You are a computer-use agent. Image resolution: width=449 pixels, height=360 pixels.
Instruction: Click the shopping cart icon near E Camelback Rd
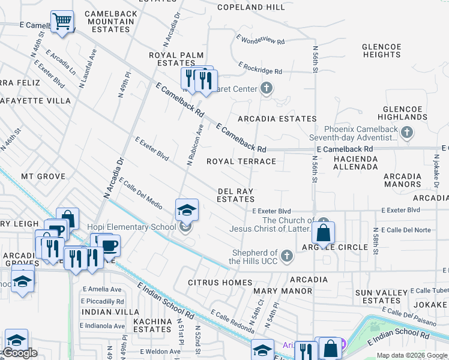pos(62,22)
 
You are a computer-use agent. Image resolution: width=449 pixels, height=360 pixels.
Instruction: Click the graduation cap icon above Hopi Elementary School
pos(187,209)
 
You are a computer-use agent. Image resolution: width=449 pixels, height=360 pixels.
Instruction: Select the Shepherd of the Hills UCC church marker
pos(286,256)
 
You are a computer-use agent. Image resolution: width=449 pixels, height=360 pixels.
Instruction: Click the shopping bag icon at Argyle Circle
pos(323,232)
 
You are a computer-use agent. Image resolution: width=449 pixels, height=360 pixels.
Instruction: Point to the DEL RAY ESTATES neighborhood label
pos(235,194)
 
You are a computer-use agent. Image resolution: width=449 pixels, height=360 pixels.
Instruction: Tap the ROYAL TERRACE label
pos(241,161)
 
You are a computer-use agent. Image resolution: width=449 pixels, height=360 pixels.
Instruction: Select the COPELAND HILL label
pos(251,8)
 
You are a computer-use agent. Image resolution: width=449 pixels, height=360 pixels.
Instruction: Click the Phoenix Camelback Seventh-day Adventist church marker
pos(407,133)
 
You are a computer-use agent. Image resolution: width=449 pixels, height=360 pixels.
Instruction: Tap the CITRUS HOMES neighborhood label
pos(220,282)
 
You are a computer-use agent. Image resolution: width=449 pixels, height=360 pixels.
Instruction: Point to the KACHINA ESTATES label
pos(152,325)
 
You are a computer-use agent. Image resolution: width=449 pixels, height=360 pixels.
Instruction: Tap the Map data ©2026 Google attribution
pos(411,355)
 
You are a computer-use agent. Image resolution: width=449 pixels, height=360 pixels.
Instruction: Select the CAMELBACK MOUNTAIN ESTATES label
pos(110,21)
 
